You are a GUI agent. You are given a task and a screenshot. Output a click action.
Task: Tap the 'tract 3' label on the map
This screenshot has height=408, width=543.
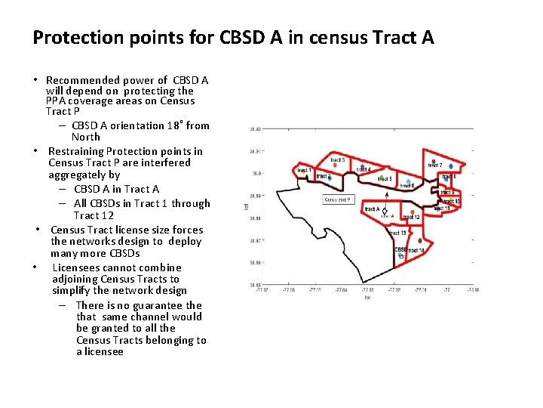click(x=338, y=160)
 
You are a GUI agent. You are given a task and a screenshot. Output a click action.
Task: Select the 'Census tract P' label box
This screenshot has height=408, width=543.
click(x=339, y=199)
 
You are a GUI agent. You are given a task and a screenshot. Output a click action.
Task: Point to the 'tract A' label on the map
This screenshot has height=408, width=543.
click(x=372, y=209)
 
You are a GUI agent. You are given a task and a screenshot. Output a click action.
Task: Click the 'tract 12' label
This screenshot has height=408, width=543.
click(x=411, y=218)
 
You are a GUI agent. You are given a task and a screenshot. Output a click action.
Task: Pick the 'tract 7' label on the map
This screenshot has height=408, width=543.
click(x=435, y=165)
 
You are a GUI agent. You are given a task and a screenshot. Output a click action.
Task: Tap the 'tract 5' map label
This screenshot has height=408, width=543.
click(x=385, y=179)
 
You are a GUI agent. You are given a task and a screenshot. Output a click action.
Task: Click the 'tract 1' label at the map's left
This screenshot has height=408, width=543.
click(x=304, y=171)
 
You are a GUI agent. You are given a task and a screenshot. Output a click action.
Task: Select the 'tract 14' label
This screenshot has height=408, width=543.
click(x=416, y=250)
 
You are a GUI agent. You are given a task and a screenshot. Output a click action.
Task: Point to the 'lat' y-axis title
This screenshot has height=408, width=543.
click(x=247, y=206)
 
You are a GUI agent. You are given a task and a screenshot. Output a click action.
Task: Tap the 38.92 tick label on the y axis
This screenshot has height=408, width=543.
click(x=254, y=129)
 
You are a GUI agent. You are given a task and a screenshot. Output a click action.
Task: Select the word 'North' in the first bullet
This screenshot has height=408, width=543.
click(x=86, y=137)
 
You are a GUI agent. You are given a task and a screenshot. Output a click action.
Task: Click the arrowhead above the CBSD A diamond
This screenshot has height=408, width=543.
click(x=385, y=193)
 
